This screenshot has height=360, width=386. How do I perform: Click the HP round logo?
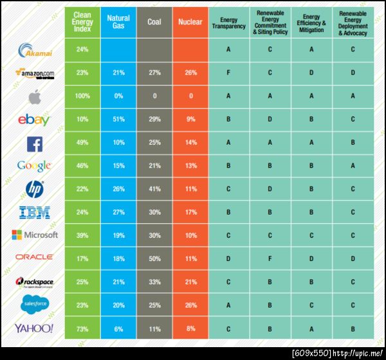(x=34, y=188)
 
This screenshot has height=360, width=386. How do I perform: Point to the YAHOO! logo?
(x=34, y=328)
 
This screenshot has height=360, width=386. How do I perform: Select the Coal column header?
(x=154, y=22)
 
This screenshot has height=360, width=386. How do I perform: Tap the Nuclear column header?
(x=190, y=22)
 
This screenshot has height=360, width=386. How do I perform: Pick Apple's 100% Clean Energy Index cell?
(x=82, y=96)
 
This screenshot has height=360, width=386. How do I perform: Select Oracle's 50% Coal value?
(x=154, y=258)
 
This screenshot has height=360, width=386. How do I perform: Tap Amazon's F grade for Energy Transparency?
(x=229, y=73)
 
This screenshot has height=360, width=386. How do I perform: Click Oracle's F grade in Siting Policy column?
(x=270, y=258)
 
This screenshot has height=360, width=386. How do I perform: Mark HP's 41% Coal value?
(x=154, y=188)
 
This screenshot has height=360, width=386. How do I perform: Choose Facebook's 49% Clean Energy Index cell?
(x=82, y=142)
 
